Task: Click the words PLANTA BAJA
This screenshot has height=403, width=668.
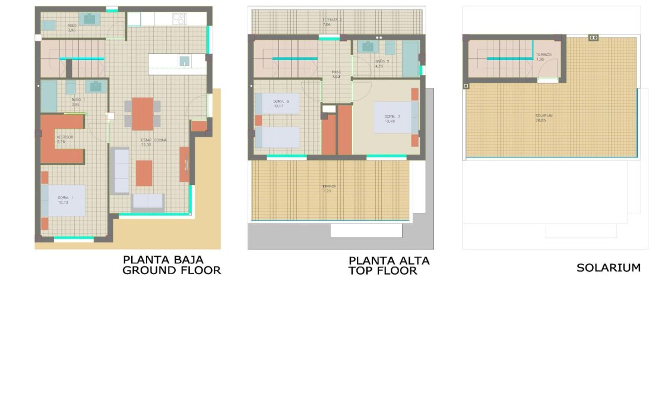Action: coord(163,260)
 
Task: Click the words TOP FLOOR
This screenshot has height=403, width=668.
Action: coord(382,271)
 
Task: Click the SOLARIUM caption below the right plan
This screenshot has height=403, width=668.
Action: coord(609,268)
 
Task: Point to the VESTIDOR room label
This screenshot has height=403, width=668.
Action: coord(65,137)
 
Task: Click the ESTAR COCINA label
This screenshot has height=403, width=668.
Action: coord(154,140)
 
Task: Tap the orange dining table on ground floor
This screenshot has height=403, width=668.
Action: coord(143,114)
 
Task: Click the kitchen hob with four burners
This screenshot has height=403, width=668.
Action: coord(179,18)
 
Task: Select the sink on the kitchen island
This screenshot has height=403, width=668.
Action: coord(184,61)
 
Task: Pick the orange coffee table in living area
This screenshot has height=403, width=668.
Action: coord(144,173)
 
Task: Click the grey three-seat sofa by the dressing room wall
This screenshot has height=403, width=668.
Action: coord(120,171)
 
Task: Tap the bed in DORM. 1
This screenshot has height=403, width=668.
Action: coord(64,200)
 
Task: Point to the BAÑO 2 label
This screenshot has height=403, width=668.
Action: coord(382,61)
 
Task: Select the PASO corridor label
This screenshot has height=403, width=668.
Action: coord(336,73)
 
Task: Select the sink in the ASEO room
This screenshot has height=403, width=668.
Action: coord(90,19)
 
